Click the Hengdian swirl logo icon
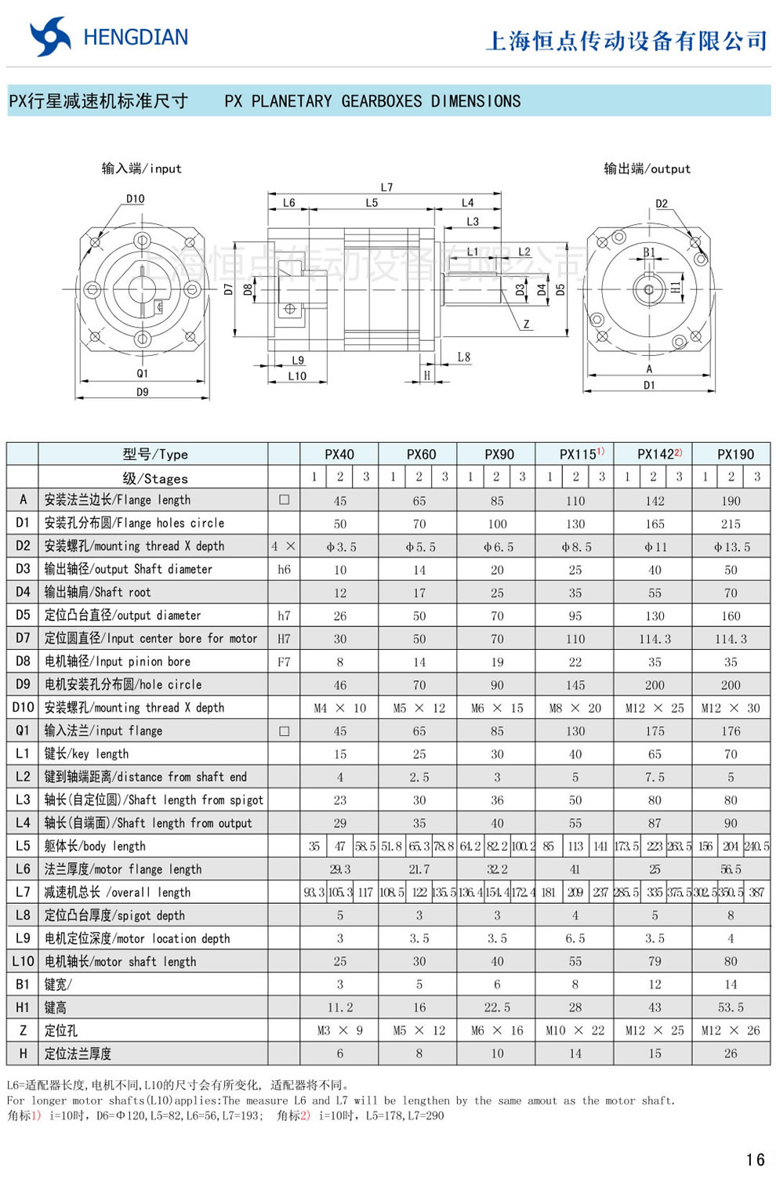[x=50, y=37]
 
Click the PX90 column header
[x=499, y=454]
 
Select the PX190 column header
[x=734, y=454]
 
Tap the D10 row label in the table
[x=23, y=707]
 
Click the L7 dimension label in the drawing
[x=386, y=187]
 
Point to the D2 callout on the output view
[x=662, y=204]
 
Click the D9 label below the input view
[x=142, y=392]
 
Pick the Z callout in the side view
[x=526, y=324]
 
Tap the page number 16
[x=755, y=1159]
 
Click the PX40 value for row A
[x=339, y=500]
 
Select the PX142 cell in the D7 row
[x=655, y=639]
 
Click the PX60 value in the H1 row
[x=419, y=1007]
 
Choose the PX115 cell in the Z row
[x=575, y=1030]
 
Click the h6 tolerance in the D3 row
[x=284, y=569]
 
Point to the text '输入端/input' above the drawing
[x=141, y=169]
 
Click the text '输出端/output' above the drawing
[x=647, y=169]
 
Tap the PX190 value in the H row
[x=731, y=1054]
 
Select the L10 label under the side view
[x=297, y=376]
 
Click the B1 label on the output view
[x=649, y=252]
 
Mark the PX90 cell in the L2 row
[x=497, y=777]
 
